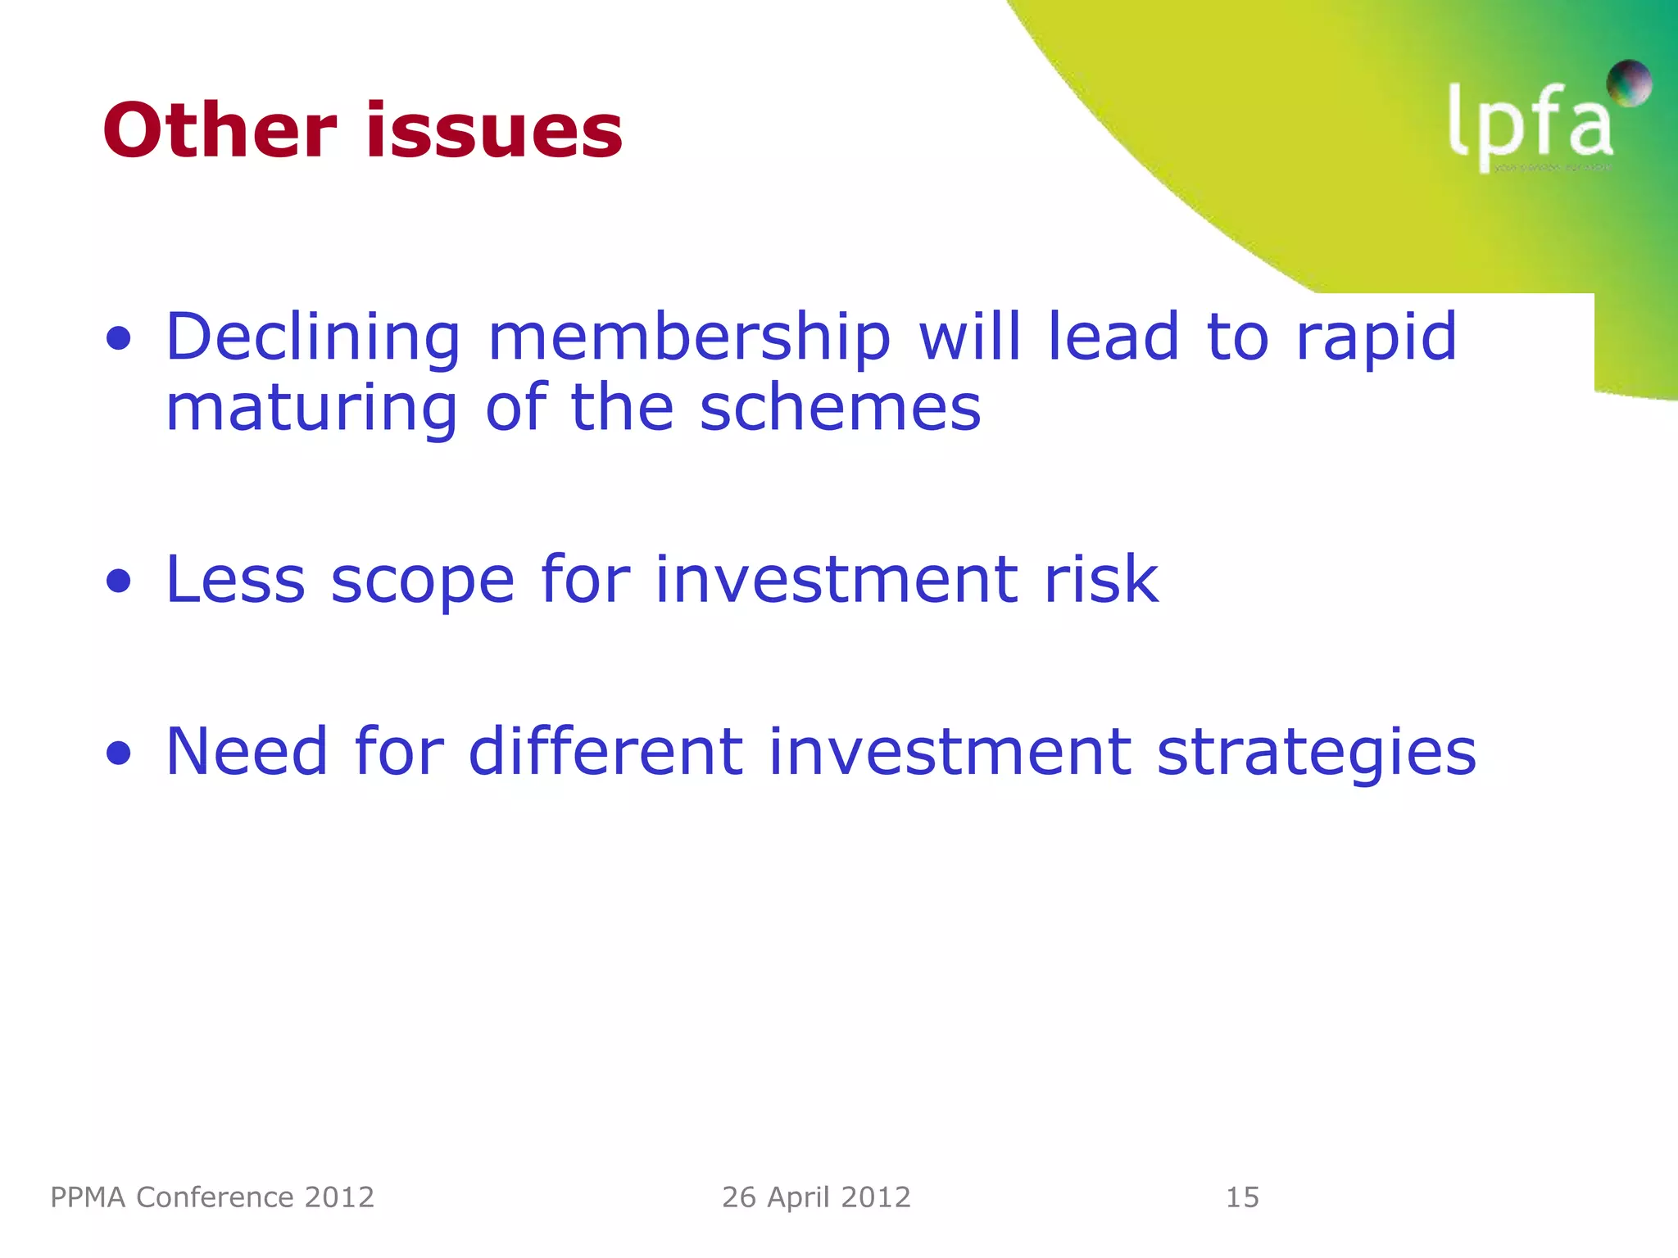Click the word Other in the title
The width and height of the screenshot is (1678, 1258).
pyautogui.click(x=220, y=130)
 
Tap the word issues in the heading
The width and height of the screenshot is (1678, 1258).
pyautogui.click(x=494, y=130)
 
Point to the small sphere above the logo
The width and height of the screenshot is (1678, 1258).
pyautogui.click(x=1629, y=83)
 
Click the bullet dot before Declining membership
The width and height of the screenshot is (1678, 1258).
pyautogui.click(x=119, y=338)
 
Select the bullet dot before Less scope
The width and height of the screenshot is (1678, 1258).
pyautogui.click(x=119, y=581)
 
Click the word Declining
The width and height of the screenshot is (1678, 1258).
pyautogui.click(x=313, y=337)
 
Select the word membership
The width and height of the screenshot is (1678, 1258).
pyautogui.click(x=689, y=337)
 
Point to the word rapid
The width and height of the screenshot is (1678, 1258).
pyautogui.click(x=1376, y=337)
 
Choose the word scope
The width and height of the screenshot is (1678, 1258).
pyautogui.click(x=422, y=580)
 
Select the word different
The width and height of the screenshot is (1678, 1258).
pyautogui.click(x=605, y=751)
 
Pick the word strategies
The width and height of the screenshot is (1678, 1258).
pyautogui.click(x=1316, y=752)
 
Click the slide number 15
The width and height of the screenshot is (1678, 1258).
pyautogui.click(x=1242, y=1197)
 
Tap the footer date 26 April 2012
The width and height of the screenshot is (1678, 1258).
pyautogui.click(x=816, y=1197)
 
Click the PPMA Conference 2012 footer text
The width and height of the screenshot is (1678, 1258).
pyautogui.click(x=212, y=1197)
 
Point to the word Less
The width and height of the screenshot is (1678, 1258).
pyautogui.click(x=236, y=580)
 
